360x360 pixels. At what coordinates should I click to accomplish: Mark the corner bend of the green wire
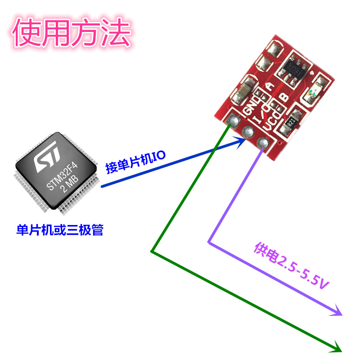click(152, 251)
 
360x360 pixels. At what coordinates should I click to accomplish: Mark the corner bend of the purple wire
click(209, 242)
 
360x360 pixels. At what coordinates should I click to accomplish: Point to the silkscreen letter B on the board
click(284, 97)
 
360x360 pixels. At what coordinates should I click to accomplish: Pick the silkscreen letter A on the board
click(270, 86)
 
